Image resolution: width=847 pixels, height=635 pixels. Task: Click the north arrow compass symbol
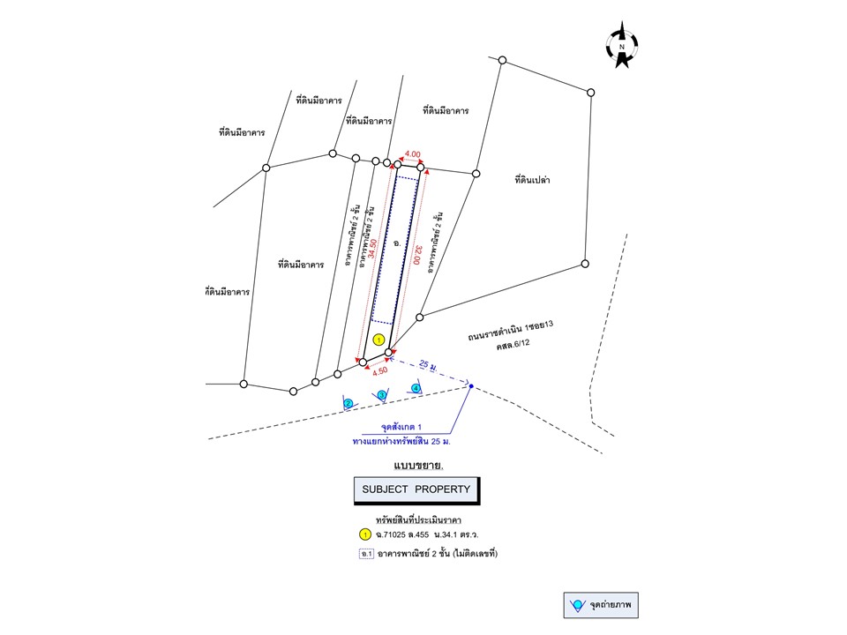(622, 45)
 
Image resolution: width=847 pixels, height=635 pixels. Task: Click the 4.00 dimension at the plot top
(412, 153)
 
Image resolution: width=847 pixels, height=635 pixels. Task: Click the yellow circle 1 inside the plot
(379, 340)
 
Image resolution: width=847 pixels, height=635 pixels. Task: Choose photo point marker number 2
(349, 403)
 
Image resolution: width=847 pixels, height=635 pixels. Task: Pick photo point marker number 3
(382, 395)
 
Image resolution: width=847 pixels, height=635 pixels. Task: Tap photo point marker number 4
(416, 388)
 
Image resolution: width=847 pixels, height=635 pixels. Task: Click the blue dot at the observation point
(471, 386)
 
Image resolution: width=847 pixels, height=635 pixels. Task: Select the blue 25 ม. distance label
(430, 364)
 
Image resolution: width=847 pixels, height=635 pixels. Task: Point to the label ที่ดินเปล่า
(533, 180)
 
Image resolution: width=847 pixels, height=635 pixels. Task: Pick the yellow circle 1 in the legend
(364, 534)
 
